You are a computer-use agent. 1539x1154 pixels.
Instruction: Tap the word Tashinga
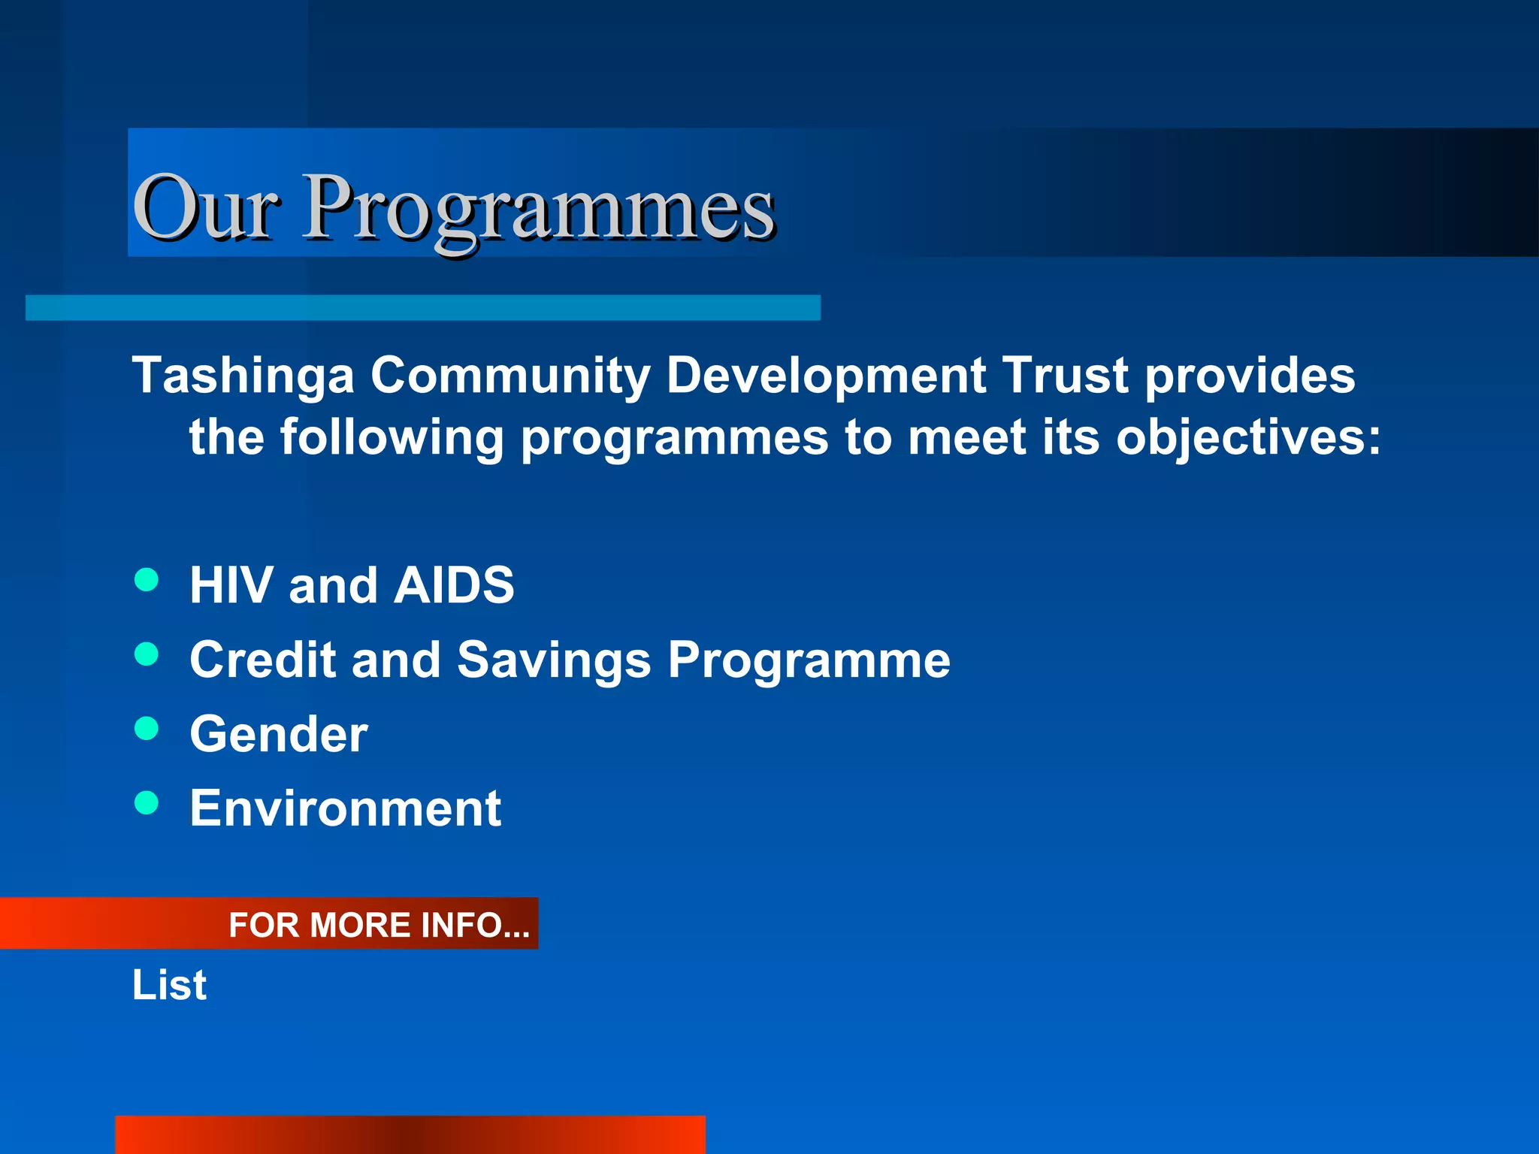tap(243, 376)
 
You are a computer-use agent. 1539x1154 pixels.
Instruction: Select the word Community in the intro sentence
tap(510, 376)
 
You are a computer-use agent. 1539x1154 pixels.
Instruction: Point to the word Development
tap(826, 376)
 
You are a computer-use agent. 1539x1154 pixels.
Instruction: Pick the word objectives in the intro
tap(1238, 437)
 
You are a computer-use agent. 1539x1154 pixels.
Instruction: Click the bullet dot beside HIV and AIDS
tap(147, 579)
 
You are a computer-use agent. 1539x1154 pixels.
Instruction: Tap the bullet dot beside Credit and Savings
tap(147, 654)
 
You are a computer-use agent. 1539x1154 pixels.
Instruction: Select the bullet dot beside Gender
tap(147, 728)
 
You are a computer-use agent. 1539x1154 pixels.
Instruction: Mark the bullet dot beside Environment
tap(147, 802)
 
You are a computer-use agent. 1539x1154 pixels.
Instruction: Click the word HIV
tap(231, 585)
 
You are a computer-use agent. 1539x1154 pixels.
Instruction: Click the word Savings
tap(554, 660)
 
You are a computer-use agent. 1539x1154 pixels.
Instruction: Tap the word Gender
tap(279, 734)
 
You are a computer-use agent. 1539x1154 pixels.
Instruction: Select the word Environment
tap(346, 808)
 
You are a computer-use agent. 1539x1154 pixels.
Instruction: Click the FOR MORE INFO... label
tap(379, 925)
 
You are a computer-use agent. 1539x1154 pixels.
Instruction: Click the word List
tap(169, 985)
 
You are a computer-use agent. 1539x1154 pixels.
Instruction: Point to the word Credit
tap(262, 660)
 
